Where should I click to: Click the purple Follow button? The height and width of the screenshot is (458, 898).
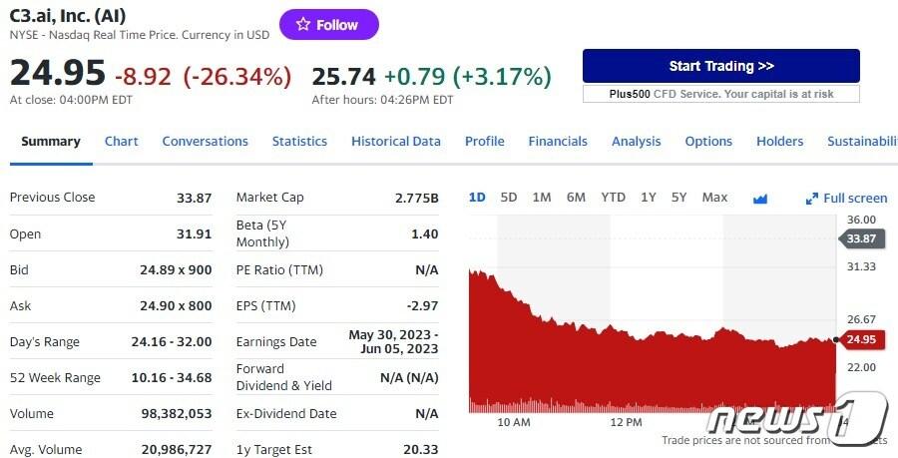pos(328,25)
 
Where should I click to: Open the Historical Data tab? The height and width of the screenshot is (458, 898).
pos(395,142)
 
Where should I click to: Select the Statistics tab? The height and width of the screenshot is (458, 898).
pos(299,142)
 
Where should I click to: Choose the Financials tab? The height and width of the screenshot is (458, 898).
pos(558,142)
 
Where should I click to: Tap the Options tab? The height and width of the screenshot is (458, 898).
pos(708,142)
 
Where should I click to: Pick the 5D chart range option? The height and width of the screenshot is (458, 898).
pos(509,198)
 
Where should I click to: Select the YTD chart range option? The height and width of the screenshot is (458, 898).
pos(613,198)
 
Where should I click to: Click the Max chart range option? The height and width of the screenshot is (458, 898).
pos(714,198)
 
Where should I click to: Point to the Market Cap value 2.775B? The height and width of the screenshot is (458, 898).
pos(416,198)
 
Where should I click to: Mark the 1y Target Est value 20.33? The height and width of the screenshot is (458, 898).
pos(420,450)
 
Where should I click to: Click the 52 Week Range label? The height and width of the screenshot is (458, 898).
pos(55,378)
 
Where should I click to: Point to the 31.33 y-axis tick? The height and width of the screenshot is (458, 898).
pos(861,266)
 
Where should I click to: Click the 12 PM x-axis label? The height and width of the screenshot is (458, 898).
pos(626,422)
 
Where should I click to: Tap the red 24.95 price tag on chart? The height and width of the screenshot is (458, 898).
pos(860,340)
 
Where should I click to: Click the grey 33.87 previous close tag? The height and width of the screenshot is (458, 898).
pos(860,238)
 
